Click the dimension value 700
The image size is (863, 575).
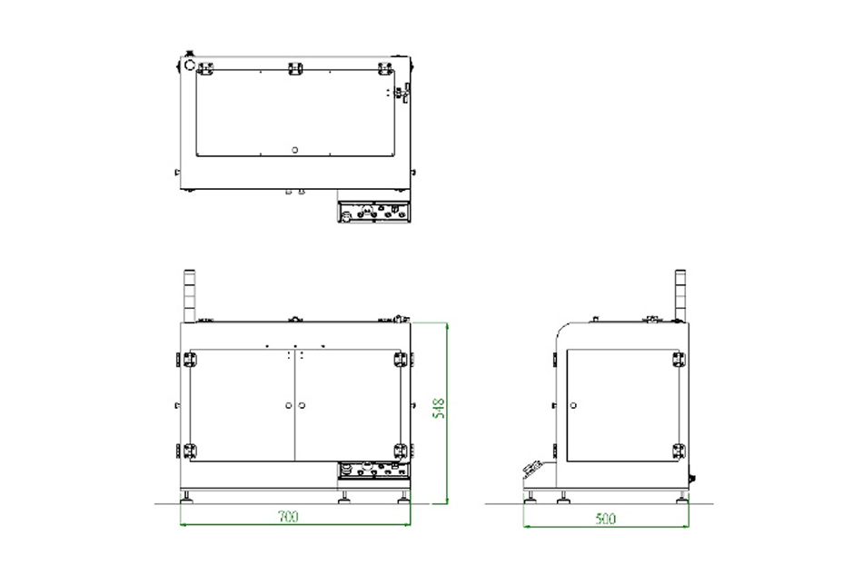click(288, 516)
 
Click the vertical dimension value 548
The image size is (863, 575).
click(439, 409)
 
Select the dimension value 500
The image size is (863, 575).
click(605, 519)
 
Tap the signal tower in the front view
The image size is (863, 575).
click(189, 295)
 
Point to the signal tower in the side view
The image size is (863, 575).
click(680, 295)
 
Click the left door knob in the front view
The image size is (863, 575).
click(288, 405)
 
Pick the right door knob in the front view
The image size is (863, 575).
click(302, 405)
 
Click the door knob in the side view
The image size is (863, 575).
click(573, 405)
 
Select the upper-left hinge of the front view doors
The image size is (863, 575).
click(189, 360)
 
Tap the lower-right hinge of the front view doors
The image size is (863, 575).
click(401, 451)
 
